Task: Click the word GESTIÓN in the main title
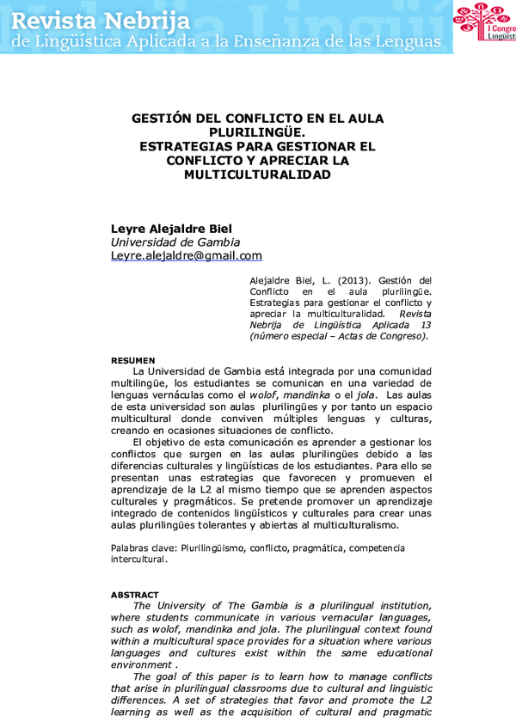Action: coord(162,119)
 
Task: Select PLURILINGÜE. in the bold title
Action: coord(257,132)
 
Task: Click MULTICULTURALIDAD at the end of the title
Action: coord(257,174)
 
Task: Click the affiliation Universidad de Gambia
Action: coord(175,242)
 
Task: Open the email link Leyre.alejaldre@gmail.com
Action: coord(187,256)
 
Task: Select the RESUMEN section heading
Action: coord(133,359)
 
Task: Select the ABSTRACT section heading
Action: coord(135,595)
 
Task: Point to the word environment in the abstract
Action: coord(141,664)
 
